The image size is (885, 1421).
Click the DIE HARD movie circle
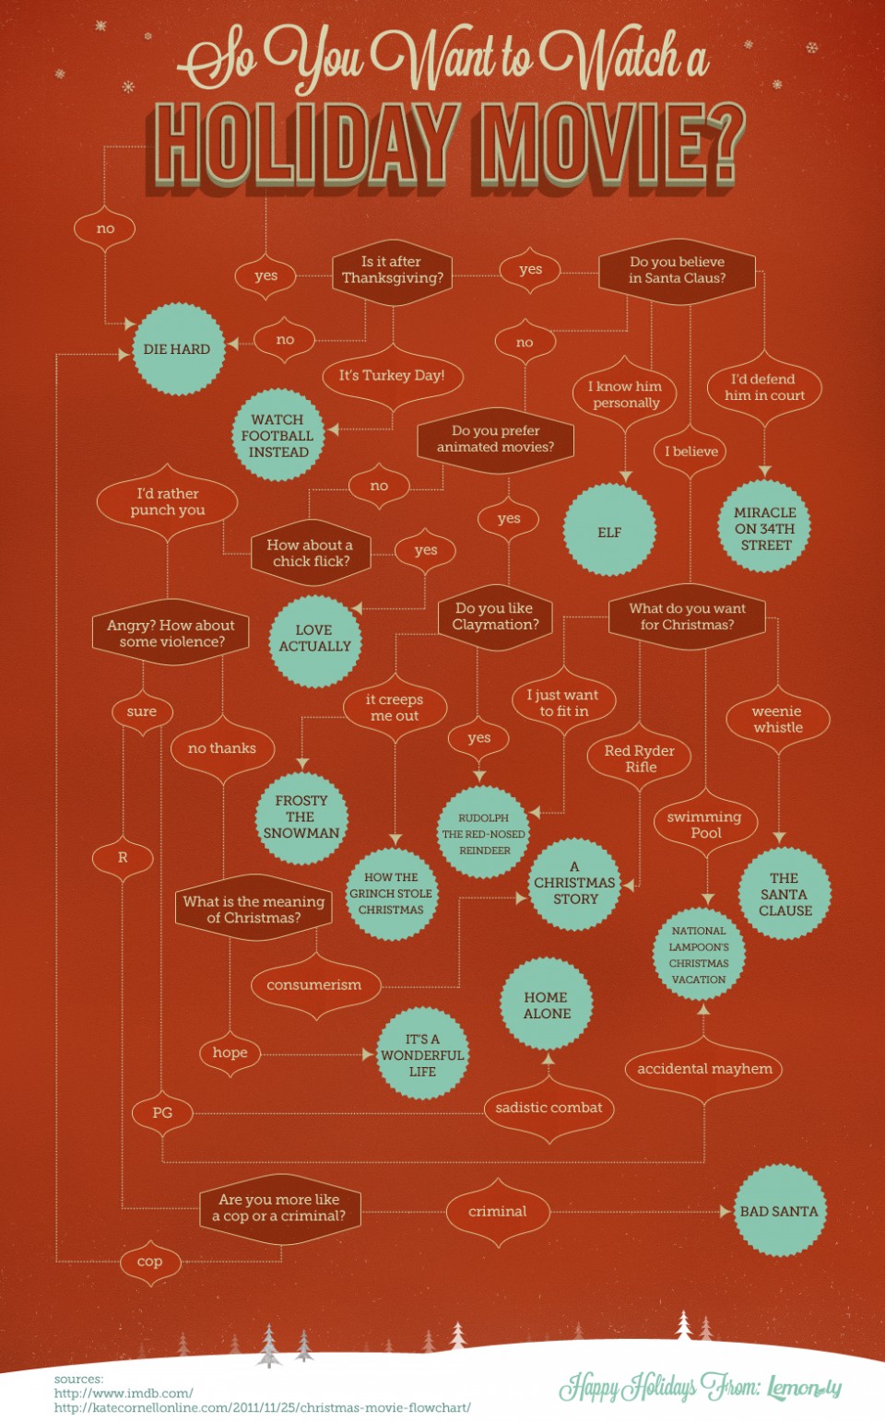(178, 349)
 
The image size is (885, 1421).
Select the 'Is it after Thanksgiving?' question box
(392, 272)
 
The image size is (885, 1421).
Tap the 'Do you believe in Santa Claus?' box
(677, 271)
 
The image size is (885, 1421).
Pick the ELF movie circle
(609, 530)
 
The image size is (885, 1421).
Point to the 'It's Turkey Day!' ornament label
(392, 376)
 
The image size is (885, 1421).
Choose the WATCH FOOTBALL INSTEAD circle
(277, 435)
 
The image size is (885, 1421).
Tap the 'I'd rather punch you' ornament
(168, 502)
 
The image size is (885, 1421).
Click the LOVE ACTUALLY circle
(314, 640)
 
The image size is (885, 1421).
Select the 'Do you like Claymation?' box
(495, 617)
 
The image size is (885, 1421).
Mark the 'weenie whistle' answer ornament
(778, 720)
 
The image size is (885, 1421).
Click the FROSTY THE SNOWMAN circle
(301, 817)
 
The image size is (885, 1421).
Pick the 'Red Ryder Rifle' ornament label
(639, 758)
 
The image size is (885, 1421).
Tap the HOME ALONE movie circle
(547, 1004)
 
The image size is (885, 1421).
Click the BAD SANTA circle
(780, 1210)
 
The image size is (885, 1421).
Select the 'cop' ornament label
(150, 1262)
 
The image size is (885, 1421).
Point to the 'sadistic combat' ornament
(549, 1109)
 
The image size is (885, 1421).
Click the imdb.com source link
(124, 1393)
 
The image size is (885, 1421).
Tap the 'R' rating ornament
(123, 858)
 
